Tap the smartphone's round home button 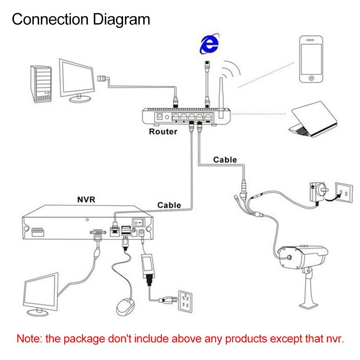point(311,78)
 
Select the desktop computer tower point(41,84)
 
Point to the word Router point(163,132)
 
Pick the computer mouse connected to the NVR point(125,306)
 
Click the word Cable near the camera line point(225,159)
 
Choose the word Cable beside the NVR point(169,205)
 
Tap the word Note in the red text point(29,339)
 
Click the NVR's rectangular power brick point(149,264)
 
